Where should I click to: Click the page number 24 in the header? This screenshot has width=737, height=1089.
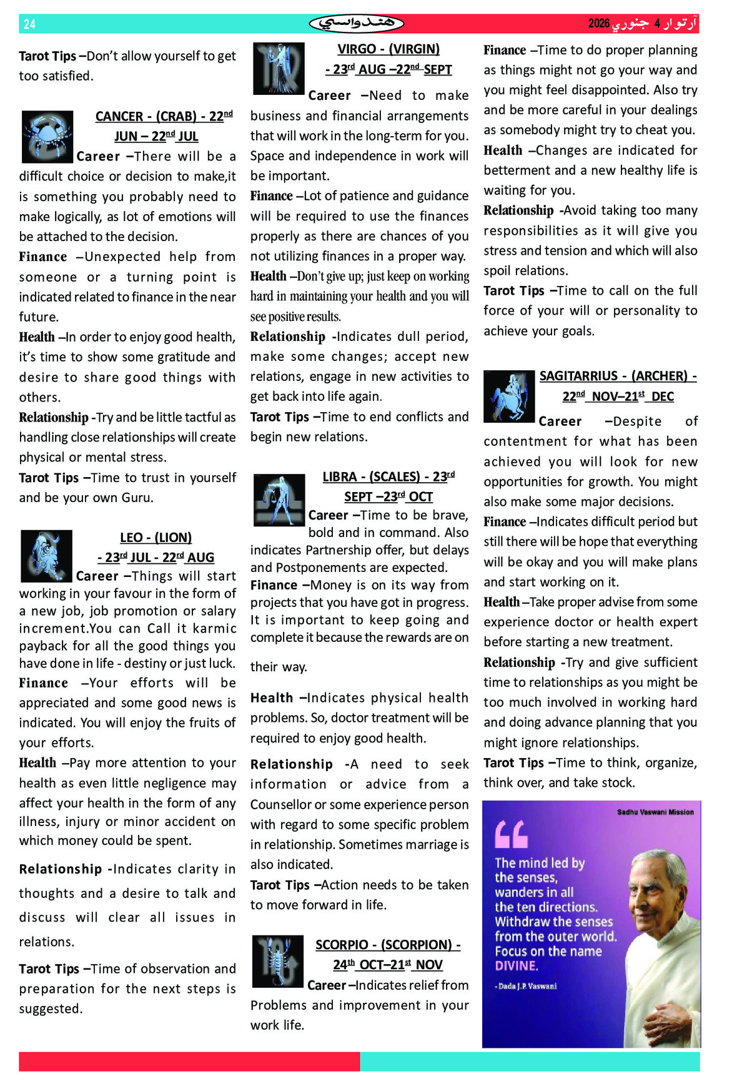[x=29, y=24]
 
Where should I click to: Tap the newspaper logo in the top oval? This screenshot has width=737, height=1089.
[x=357, y=24]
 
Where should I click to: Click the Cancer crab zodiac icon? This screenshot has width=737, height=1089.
[x=47, y=137]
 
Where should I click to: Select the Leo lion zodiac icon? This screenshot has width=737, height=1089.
[x=46, y=556]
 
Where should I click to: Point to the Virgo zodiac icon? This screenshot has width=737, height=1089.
[x=279, y=68]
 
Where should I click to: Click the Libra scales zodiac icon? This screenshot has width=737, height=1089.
[x=279, y=500]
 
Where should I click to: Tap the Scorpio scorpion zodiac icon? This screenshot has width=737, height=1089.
[x=277, y=961]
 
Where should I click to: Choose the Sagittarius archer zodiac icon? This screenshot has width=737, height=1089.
[x=509, y=397]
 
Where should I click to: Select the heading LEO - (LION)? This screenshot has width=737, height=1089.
[x=156, y=538]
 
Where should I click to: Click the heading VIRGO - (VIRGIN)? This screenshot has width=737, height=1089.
[x=388, y=49]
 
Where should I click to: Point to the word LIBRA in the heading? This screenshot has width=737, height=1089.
[x=340, y=477]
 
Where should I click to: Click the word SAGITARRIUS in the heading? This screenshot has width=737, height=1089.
[x=578, y=376]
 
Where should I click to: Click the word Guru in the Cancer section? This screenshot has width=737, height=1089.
[x=137, y=498]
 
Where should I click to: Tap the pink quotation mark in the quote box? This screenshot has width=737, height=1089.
[x=511, y=834]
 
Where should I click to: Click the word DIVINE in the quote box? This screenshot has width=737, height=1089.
[x=516, y=966]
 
